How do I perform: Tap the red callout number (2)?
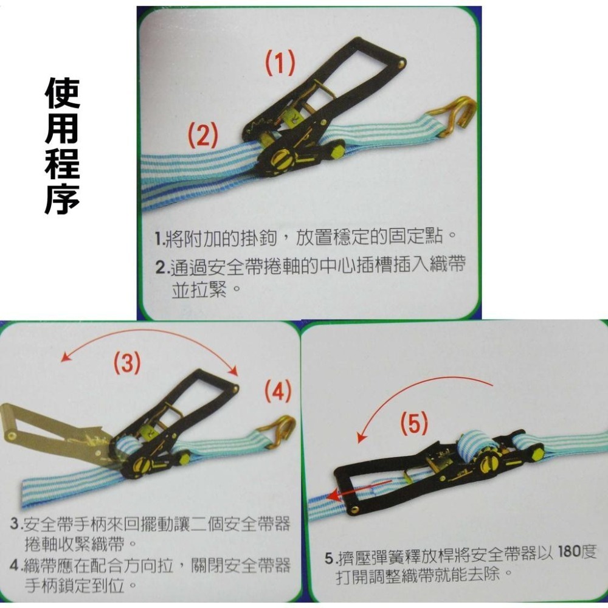point(202,136)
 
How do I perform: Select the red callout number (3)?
point(127,364)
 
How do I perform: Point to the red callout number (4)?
point(277,392)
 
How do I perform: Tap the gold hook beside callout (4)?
point(277,429)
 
